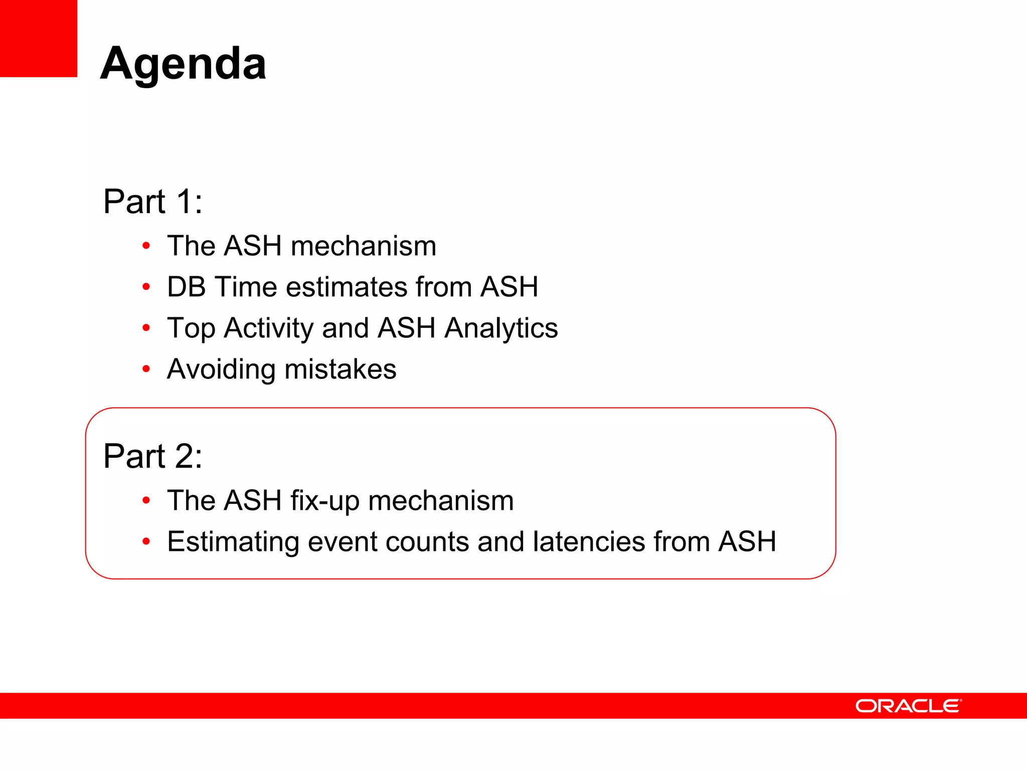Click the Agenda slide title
183,64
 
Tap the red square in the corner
38,38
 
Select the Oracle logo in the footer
908,706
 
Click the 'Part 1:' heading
152,202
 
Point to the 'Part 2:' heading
152,456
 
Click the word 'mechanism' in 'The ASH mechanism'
363,246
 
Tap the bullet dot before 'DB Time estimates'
146,287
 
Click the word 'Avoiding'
221,370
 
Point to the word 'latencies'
589,542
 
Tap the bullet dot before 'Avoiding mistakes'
146,369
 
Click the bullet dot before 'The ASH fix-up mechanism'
146,500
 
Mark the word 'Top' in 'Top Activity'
191,328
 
